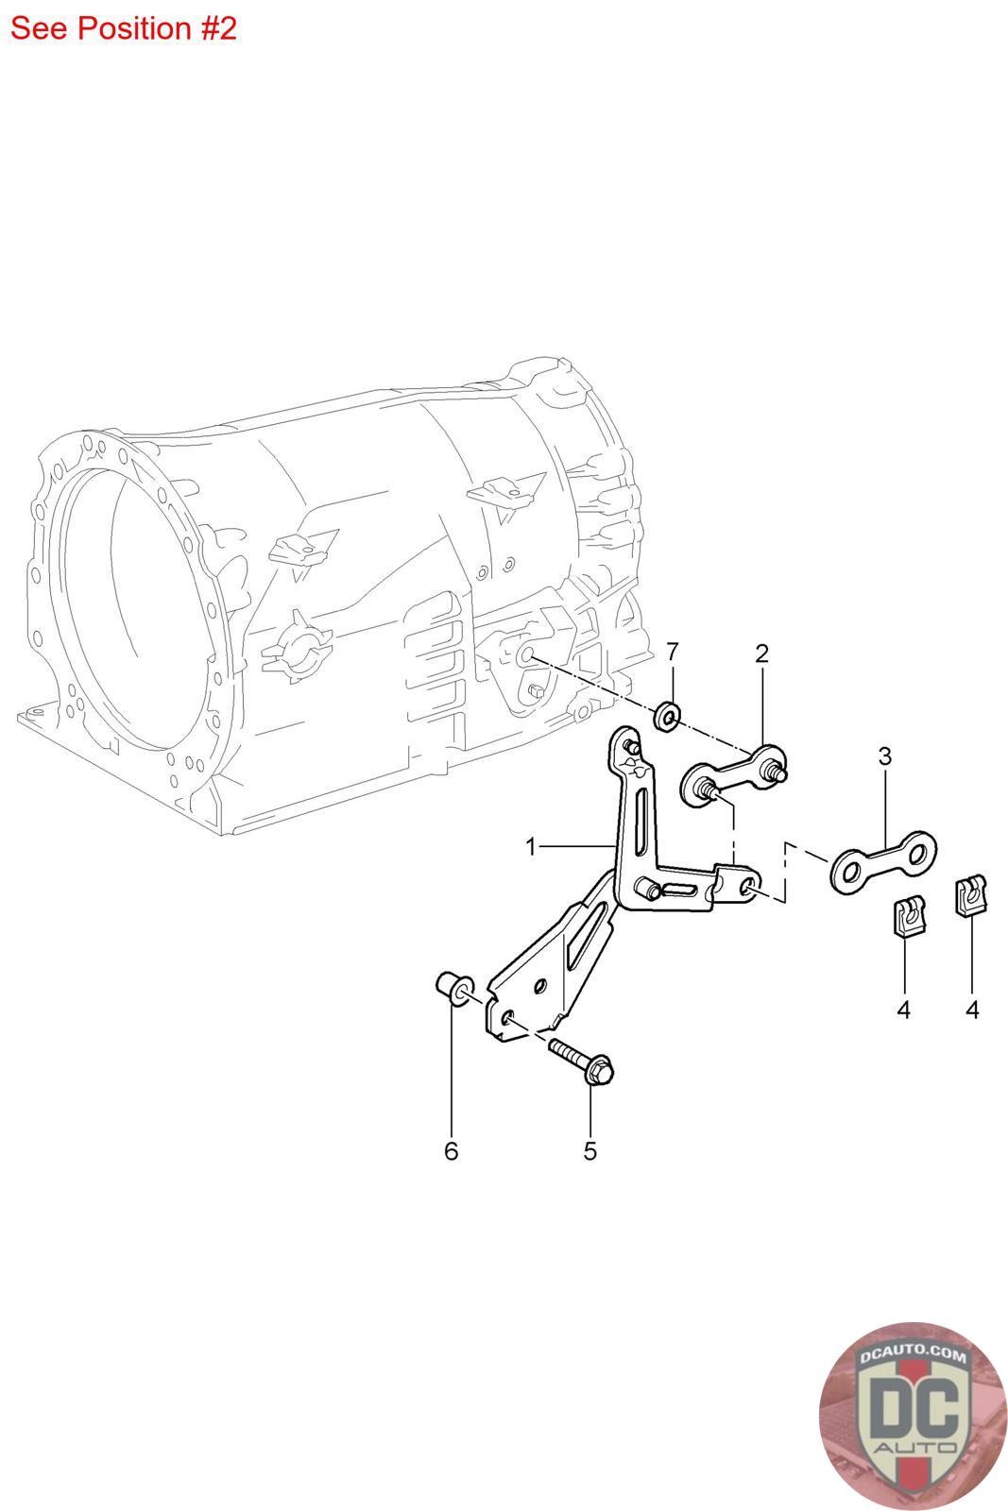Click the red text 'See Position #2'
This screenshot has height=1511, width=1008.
pos(124,28)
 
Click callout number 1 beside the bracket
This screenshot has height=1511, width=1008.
pos(531,846)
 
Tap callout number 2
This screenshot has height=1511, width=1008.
pos(761,653)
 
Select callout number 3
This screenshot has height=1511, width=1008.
pos(884,756)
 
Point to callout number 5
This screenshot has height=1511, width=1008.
pos(589,1151)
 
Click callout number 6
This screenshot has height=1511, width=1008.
pos(451,1151)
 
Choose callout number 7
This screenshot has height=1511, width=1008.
pos(672,652)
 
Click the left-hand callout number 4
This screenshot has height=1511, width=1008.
pos(903,1010)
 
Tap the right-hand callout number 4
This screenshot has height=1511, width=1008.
pos(971,1010)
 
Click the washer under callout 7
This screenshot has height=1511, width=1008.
pos(668,716)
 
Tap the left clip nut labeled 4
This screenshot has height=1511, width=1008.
pos(904,915)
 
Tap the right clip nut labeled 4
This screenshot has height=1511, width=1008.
pos(971,895)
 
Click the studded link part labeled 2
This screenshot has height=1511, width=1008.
pos(734,775)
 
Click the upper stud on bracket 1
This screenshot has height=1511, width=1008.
pos(632,747)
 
